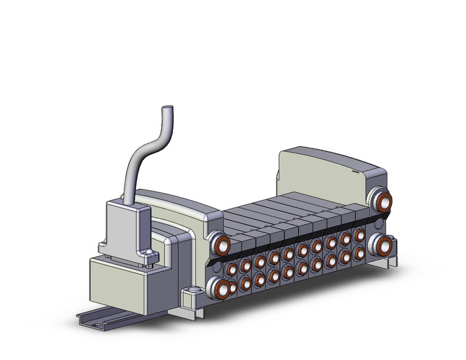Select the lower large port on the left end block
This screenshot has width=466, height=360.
coord(218,286)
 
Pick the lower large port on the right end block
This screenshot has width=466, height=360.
coord(382,244)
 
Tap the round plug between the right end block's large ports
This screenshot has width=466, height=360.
coord(383,222)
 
